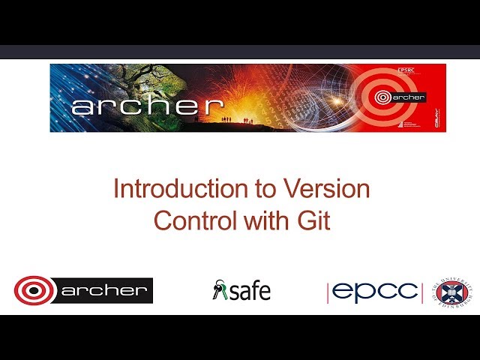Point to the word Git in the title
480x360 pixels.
point(314,221)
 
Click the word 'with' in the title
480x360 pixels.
point(269,221)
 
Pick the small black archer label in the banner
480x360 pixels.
point(408,97)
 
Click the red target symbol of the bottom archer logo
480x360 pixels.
point(34,291)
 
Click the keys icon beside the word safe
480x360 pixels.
point(219,290)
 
